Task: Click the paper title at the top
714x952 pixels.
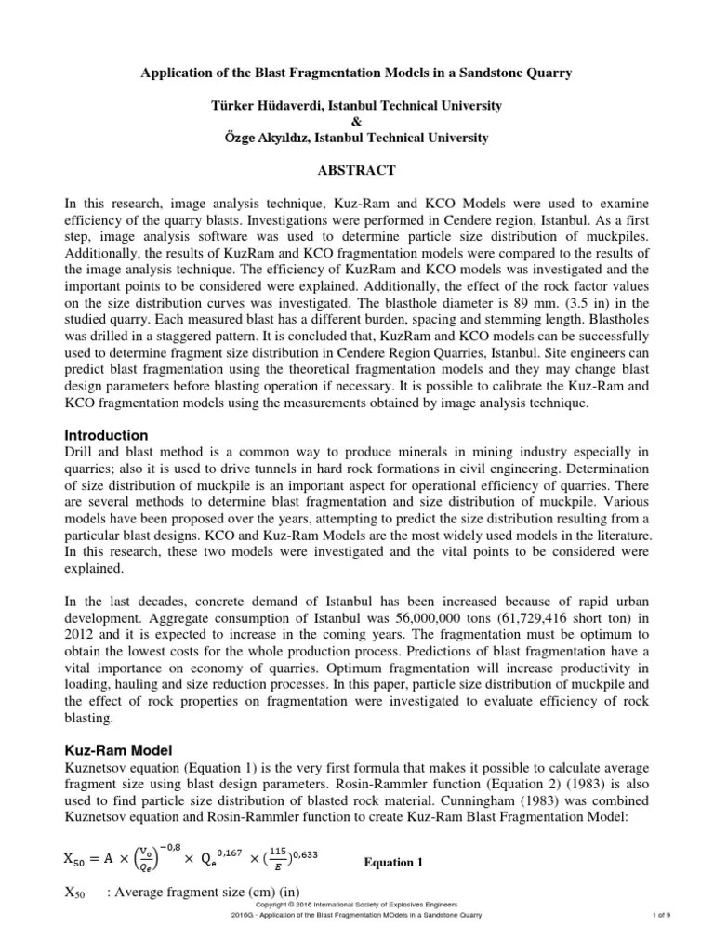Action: click(x=357, y=73)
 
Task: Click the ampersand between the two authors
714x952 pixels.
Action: click(x=358, y=122)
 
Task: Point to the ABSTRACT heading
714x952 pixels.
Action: click(x=357, y=170)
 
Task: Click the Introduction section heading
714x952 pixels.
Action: click(x=105, y=435)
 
